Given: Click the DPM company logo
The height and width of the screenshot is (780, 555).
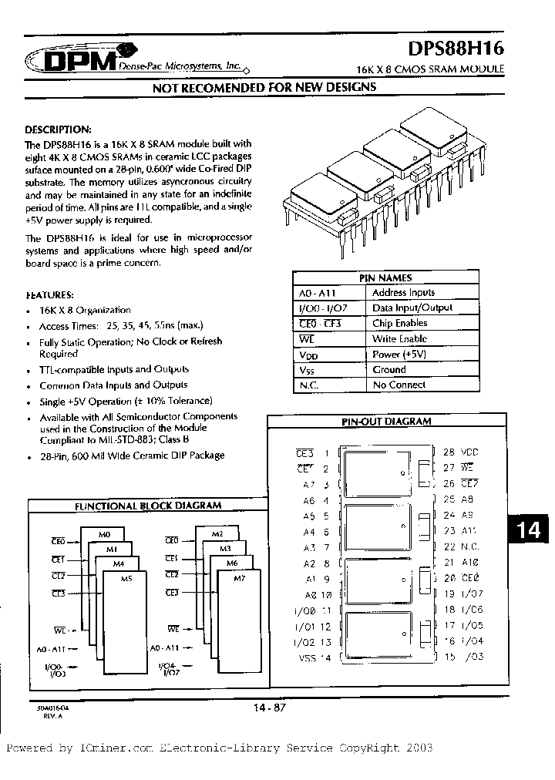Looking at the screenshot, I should tap(69, 60).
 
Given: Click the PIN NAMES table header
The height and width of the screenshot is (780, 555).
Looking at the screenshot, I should tap(385, 277).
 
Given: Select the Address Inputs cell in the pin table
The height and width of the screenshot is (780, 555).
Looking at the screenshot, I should tap(403, 293).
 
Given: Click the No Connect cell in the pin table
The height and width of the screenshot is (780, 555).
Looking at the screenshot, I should tap(399, 385).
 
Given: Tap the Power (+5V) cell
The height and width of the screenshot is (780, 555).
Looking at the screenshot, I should tap(399, 355).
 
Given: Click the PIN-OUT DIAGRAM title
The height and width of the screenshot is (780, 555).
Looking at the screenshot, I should tap(385, 422).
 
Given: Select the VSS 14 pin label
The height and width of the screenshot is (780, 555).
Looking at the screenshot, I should tap(314, 657).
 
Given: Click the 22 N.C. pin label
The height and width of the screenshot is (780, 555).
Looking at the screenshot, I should tap(461, 546).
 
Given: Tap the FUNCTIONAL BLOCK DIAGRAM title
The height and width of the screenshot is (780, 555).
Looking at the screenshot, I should tap(147, 506).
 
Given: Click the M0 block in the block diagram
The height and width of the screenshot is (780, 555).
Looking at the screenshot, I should tap(106, 534).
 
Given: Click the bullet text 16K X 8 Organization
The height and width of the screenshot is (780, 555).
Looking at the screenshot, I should tap(75, 309).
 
